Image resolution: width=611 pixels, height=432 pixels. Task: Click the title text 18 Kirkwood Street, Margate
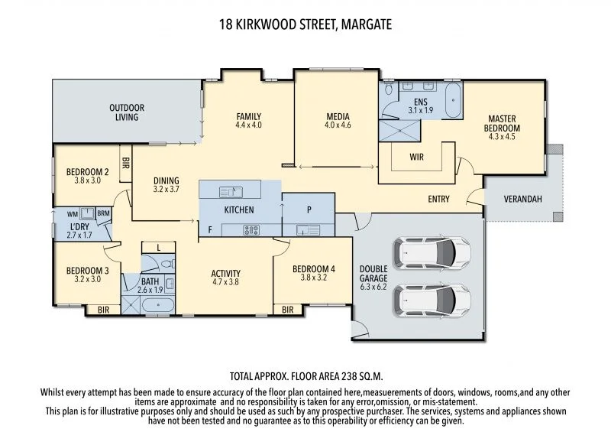pyautogui.click(x=305, y=24)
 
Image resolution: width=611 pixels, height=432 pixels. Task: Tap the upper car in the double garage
pyautogui.click(x=432, y=251)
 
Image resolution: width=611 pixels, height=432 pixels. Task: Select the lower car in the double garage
pyautogui.click(x=432, y=301)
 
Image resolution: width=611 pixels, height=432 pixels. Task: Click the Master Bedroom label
pyautogui.click(x=504, y=123)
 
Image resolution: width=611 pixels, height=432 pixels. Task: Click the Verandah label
pyautogui.click(x=523, y=200)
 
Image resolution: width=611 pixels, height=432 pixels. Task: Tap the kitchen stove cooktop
pyautogui.click(x=251, y=229)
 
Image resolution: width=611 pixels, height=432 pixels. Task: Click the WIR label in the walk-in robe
pyautogui.click(x=416, y=158)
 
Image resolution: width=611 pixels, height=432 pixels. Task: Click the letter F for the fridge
pyautogui.click(x=209, y=229)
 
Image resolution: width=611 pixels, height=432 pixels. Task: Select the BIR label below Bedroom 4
pyautogui.click(x=288, y=310)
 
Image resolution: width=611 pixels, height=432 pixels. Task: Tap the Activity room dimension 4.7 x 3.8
pyautogui.click(x=226, y=281)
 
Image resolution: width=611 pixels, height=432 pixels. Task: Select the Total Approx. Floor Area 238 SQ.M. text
pyautogui.click(x=305, y=376)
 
